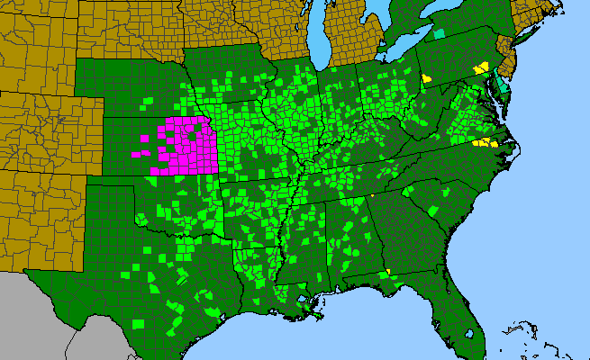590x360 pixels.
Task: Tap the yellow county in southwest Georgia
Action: click(387, 273)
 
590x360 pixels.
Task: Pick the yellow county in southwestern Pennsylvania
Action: click(426, 78)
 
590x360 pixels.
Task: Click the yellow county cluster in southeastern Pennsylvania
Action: click(482, 67)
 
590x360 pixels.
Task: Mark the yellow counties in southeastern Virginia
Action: click(485, 142)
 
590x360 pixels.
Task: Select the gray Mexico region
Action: click(54, 315)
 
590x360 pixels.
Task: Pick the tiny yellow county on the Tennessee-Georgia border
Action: click(370, 196)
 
